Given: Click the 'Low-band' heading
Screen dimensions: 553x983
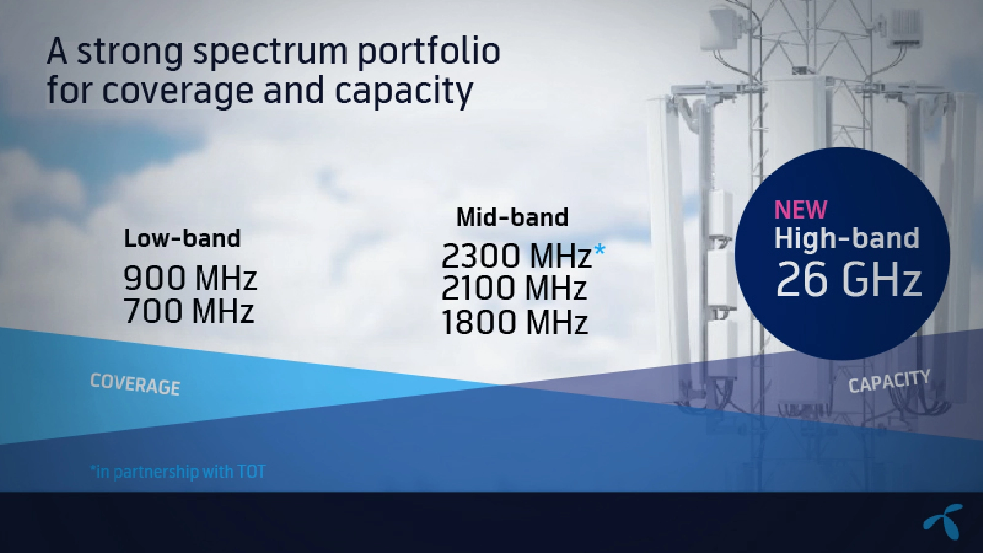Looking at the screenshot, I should click(x=182, y=238).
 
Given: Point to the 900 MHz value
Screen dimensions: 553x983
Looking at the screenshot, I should click(x=190, y=278).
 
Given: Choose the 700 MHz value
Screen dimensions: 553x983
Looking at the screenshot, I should click(x=189, y=311).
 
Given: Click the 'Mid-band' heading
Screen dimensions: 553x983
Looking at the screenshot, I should click(x=512, y=217).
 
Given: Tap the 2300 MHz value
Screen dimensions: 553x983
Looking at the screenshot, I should click(x=516, y=256).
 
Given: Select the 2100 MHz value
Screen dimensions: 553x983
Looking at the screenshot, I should click(x=514, y=288).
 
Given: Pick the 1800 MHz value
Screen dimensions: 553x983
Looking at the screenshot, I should click(x=515, y=322).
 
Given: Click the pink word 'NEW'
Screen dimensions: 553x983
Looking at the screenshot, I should click(x=801, y=209).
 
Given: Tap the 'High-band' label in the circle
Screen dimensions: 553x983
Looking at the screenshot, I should click(x=846, y=238).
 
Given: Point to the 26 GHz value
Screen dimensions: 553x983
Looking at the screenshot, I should click(x=848, y=279).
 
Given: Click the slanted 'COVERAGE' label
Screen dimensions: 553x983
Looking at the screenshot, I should click(x=135, y=384).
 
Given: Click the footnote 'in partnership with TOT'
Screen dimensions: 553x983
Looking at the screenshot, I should click(x=178, y=472).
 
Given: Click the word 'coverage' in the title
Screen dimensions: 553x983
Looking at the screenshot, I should click(x=179, y=91).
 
